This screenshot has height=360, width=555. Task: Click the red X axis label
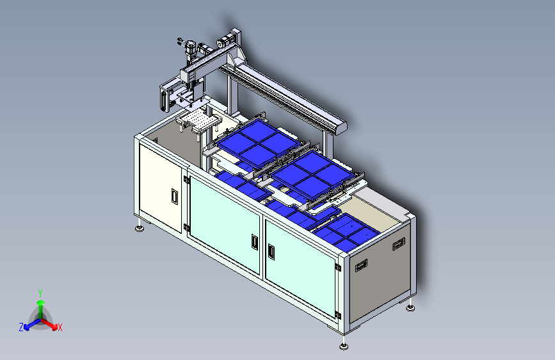(60, 328)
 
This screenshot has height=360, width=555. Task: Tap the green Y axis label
(40, 293)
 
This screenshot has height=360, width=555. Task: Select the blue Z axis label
(21, 327)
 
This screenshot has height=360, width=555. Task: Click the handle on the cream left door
(174, 196)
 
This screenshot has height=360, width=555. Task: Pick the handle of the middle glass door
(255, 241)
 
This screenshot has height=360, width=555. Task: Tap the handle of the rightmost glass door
(271, 251)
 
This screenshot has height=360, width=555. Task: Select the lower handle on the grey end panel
(362, 265)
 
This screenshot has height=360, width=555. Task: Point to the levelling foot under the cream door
(140, 227)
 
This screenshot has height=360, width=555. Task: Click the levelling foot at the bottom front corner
(344, 345)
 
